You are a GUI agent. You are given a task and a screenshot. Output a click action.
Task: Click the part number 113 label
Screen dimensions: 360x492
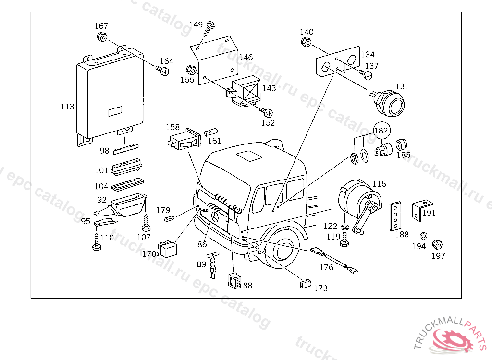67,107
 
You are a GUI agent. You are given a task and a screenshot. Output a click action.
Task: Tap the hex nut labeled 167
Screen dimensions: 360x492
101,37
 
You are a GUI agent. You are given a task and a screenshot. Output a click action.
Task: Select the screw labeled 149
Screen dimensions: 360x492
209,29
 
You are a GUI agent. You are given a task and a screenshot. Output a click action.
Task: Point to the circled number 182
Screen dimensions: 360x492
381,131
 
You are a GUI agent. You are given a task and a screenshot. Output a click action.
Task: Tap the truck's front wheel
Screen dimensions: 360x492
283,248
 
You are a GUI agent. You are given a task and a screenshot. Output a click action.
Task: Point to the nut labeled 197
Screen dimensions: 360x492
437,244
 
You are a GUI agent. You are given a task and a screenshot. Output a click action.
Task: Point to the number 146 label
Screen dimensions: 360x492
246,57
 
